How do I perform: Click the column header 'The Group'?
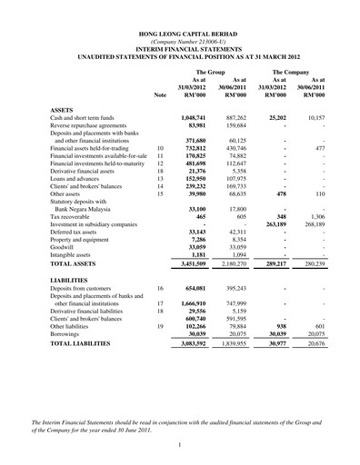tap(211, 70)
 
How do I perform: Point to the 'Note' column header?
tap(161, 94)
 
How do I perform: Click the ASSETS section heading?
tap(64, 109)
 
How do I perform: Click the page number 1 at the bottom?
tap(180, 444)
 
